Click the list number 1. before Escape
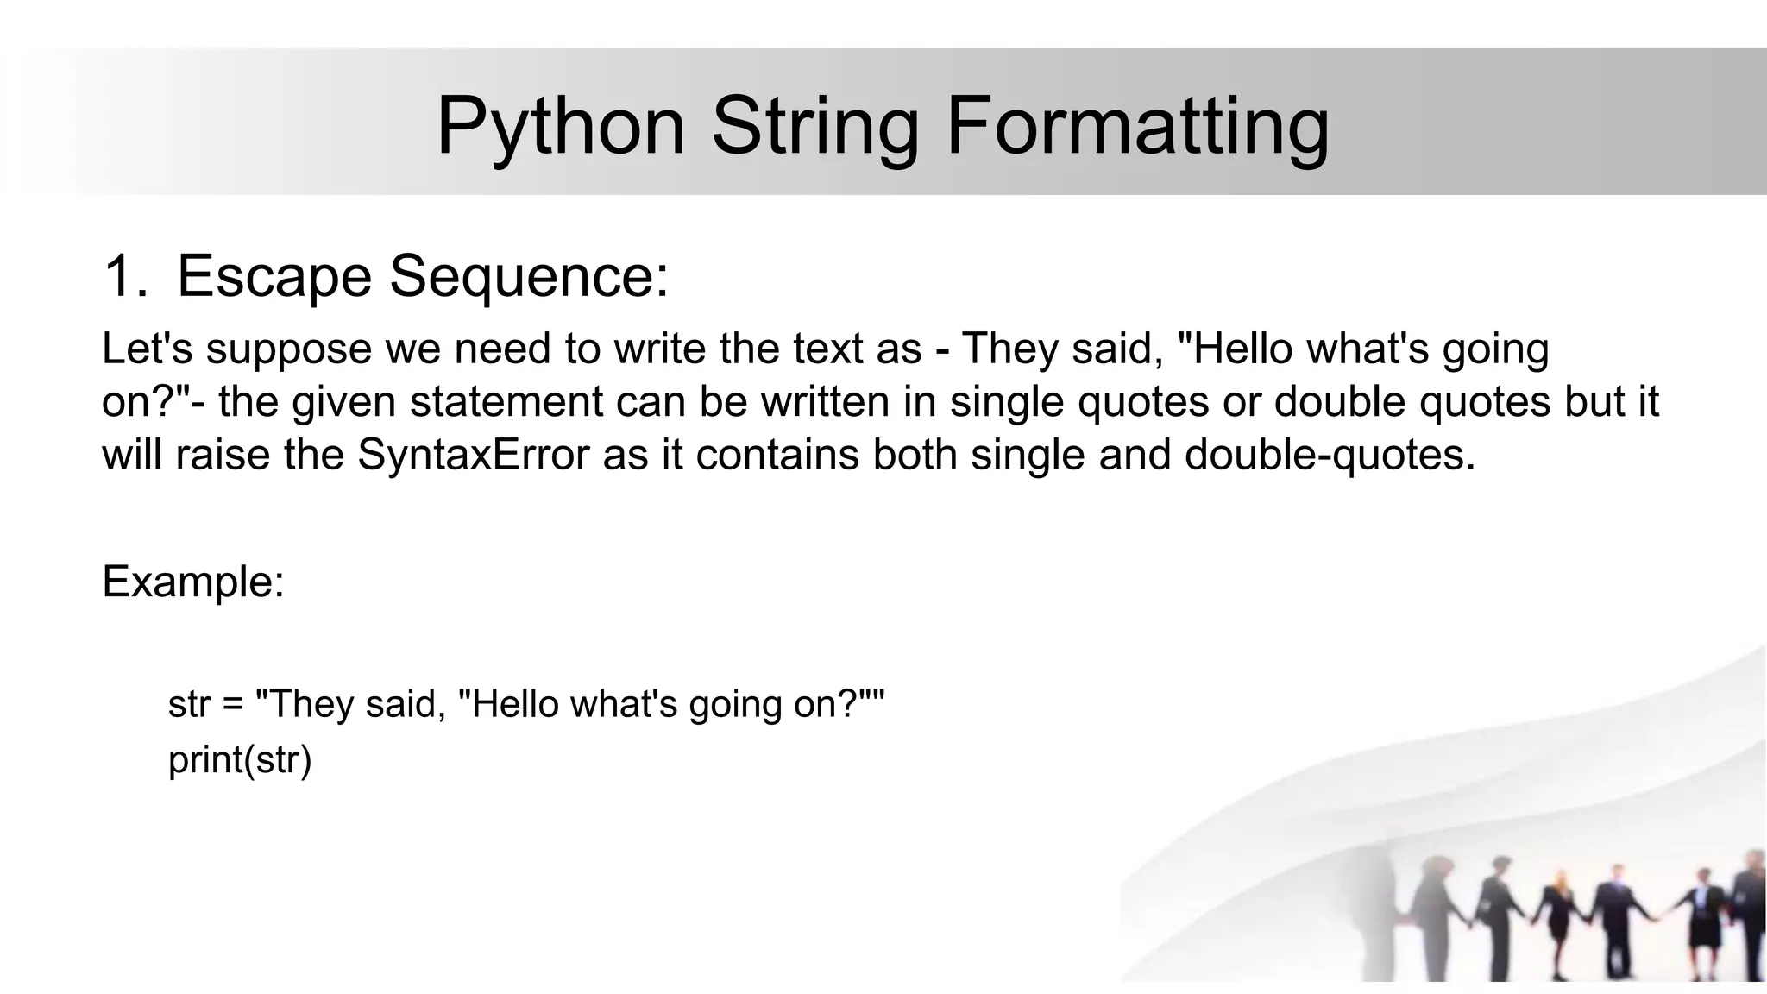124,277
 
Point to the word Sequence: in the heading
529,277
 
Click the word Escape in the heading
274,277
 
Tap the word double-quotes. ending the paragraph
1330,455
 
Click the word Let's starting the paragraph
147,349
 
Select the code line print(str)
240,759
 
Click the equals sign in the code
233,704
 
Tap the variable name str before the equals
189,704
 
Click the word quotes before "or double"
1143,402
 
